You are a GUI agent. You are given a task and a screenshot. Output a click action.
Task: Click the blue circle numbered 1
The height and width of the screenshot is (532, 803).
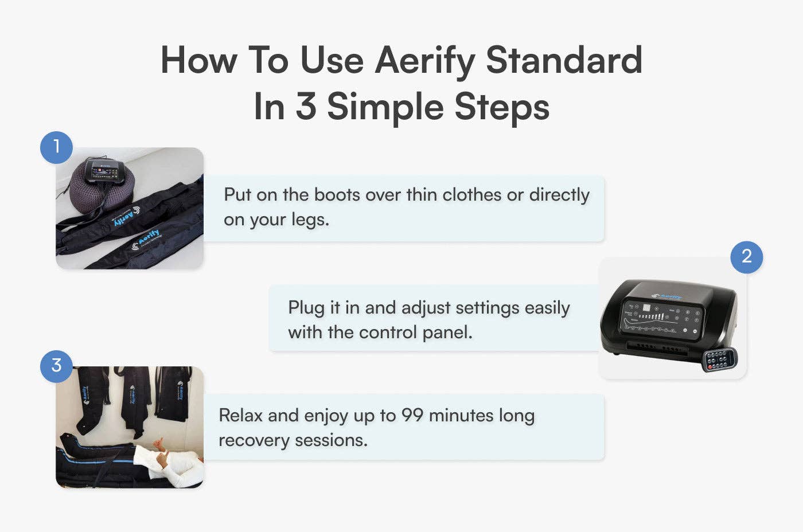(x=56, y=147)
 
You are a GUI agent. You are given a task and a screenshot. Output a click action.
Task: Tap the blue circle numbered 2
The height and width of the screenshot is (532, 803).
(x=746, y=257)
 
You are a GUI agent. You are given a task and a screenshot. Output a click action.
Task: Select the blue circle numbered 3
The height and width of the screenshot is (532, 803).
(x=56, y=366)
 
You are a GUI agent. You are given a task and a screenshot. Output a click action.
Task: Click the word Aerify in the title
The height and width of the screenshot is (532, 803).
(x=424, y=61)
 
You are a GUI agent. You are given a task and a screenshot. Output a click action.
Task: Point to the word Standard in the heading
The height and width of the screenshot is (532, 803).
(x=564, y=60)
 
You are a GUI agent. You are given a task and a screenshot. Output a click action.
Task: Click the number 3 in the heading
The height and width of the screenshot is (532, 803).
(x=306, y=107)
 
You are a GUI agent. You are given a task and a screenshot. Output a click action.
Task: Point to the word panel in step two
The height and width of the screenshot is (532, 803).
(x=447, y=332)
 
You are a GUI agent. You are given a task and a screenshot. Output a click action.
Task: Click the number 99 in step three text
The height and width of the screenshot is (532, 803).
(x=412, y=415)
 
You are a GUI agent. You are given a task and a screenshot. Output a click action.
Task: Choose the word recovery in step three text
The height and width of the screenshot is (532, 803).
(x=254, y=440)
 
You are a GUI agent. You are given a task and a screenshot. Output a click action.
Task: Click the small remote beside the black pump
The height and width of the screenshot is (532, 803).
(x=720, y=359)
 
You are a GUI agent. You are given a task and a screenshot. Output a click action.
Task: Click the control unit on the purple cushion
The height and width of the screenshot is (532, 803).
(x=105, y=171)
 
